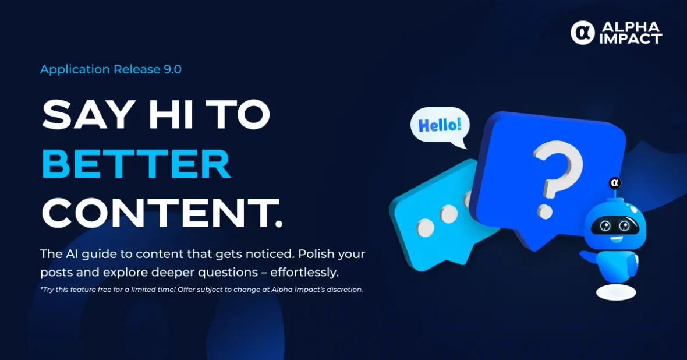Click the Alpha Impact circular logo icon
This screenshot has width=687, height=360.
(582, 33)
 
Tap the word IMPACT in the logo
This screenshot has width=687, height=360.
(631, 39)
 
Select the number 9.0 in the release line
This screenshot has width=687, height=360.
(173, 69)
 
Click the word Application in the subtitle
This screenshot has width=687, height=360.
(75, 70)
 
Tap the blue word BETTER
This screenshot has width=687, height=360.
(136, 164)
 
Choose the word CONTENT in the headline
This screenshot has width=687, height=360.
(155, 213)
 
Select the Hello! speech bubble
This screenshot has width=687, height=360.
(440, 126)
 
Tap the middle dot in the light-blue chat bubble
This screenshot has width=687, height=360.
(449, 214)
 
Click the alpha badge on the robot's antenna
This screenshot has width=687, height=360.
(615, 183)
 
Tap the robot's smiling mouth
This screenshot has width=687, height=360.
(617, 239)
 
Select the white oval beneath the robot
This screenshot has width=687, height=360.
(616, 292)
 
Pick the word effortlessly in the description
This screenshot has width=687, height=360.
(304, 272)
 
